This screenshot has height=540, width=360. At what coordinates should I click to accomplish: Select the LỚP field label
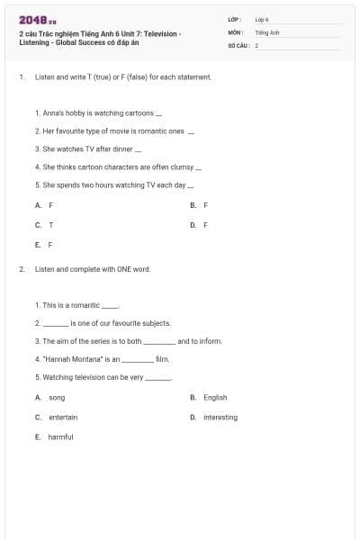pos(234,19)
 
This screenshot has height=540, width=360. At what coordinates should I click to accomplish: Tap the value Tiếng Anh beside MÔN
pos(267,31)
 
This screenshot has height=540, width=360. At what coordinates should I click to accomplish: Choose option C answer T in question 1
pos(50,224)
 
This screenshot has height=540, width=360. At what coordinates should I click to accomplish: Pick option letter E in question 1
pos(38,244)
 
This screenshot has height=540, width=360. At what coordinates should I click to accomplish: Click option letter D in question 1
pos(193,224)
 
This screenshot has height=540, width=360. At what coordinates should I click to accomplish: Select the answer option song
pos(57,397)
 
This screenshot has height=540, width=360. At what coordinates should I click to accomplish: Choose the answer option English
pos(215,397)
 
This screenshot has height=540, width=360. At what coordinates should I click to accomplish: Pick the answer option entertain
pos(63,417)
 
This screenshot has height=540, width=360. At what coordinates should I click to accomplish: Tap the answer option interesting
pos(220,417)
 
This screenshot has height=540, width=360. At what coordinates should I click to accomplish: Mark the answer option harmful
pos(60,436)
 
